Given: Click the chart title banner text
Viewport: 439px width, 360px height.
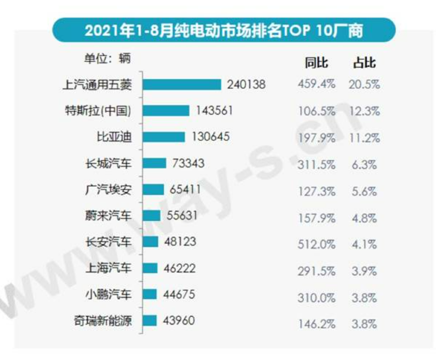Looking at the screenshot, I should (x=224, y=30).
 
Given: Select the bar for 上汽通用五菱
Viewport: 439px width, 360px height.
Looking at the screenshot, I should (x=182, y=85).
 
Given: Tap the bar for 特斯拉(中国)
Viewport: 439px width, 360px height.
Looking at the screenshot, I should (x=166, y=111).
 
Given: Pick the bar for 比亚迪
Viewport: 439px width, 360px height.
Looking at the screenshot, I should (x=164, y=137).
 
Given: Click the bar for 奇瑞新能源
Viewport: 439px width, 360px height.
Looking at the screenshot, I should (x=150, y=321).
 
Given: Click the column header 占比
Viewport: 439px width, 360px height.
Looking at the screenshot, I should (x=364, y=63).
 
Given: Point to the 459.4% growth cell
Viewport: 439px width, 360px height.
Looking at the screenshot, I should (x=316, y=85).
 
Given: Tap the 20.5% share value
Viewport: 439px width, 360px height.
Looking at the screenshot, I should (x=364, y=85).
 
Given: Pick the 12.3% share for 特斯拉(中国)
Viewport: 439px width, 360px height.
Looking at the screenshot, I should (x=364, y=111).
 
